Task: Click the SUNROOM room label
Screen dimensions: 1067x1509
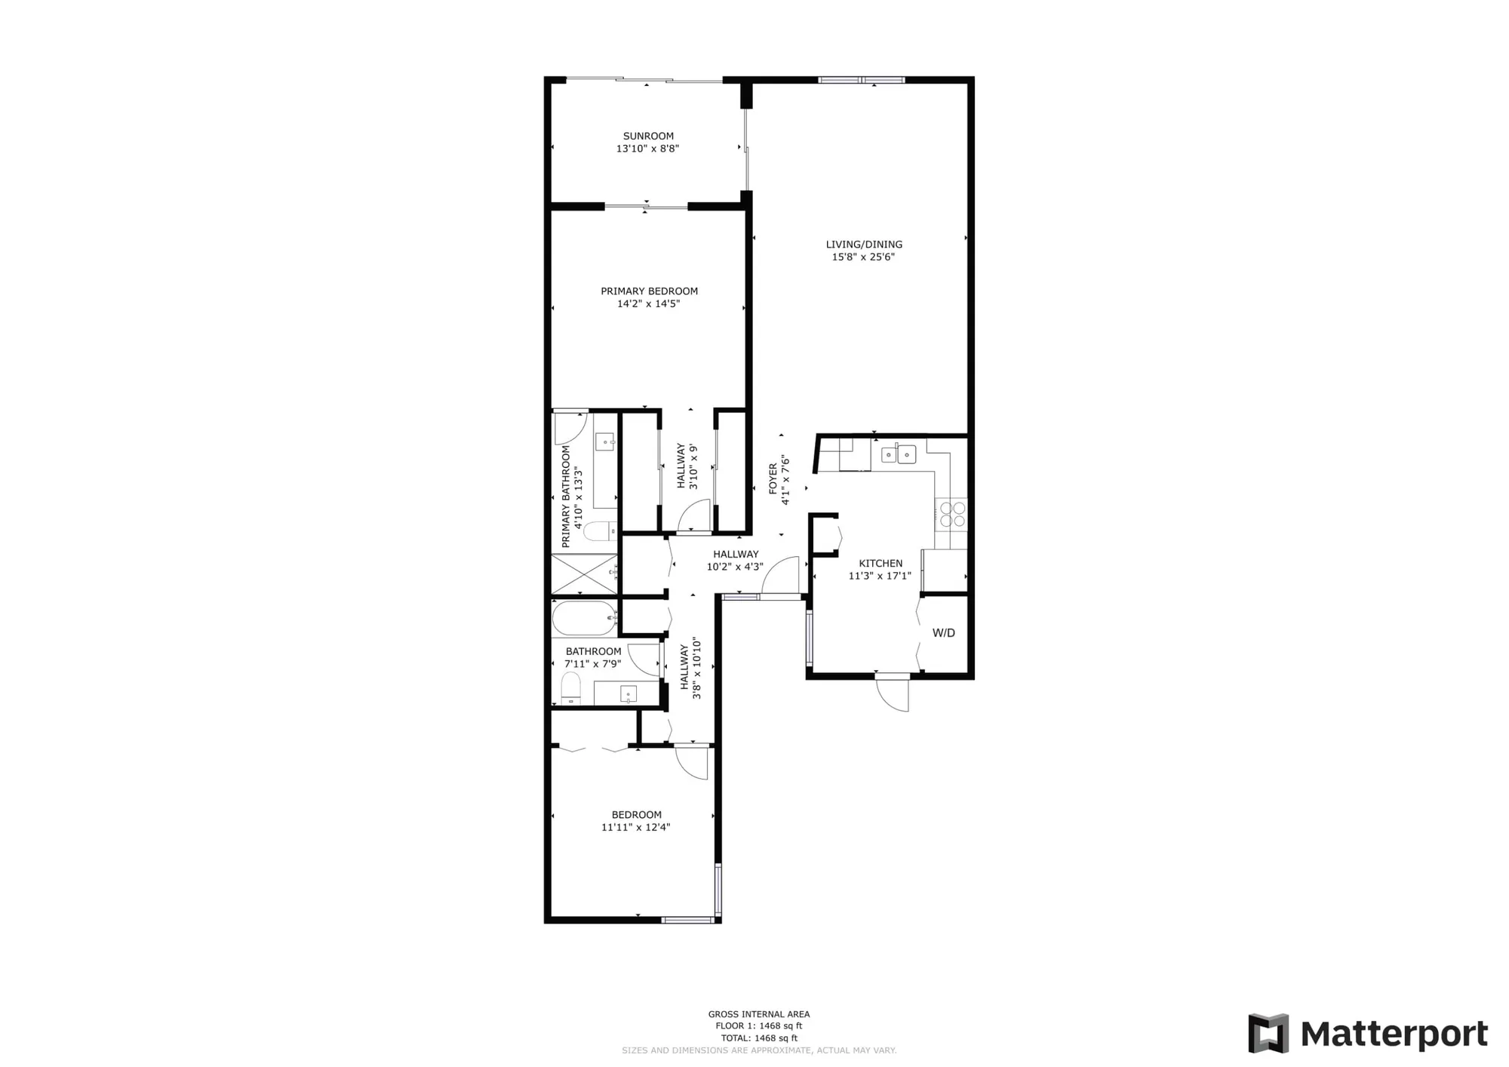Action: tap(648, 137)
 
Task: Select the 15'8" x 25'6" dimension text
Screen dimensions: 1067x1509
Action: tap(863, 257)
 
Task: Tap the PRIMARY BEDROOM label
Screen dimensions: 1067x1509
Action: tap(649, 291)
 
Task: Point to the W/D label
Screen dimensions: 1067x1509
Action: tap(943, 633)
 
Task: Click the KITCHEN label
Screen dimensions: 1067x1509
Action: tap(881, 564)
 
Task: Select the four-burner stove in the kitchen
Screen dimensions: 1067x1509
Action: tap(952, 514)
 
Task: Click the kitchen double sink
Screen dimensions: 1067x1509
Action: tap(898, 454)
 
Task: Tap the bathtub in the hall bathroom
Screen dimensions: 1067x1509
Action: tap(585, 619)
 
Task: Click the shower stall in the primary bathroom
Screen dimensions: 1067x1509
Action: tap(584, 574)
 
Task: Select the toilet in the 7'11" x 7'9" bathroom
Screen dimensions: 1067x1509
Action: tap(571, 688)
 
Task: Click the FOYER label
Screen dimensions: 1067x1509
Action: tap(773, 479)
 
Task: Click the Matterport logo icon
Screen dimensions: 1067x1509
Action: tap(1268, 1033)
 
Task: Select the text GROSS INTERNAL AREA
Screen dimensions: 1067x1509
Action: tap(758, 1014)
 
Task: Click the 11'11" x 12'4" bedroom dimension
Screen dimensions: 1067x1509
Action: tap(635, 827)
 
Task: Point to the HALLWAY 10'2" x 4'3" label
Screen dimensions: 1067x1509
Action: tap(735, 561)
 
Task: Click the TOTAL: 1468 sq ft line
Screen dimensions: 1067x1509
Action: tap(758, 1038)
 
